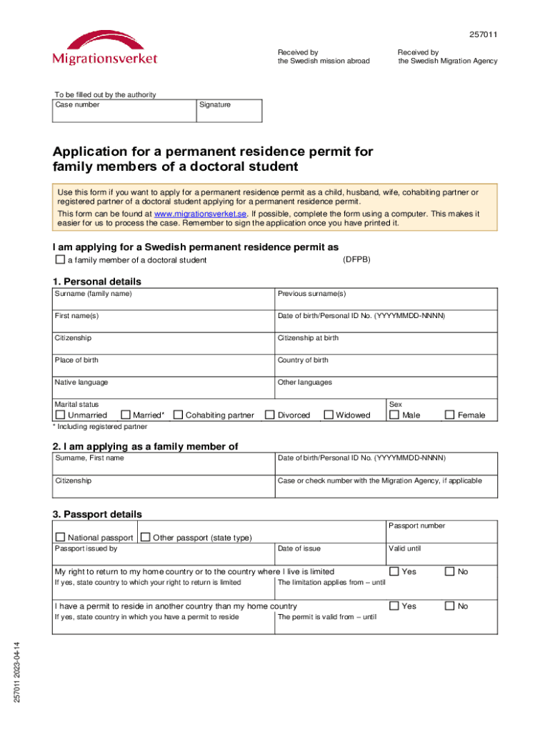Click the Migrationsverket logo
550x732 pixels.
coord(105,49)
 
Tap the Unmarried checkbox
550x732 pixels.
coord(60,415)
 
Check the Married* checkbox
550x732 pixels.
coord(126,415)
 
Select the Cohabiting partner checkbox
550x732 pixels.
coord(178,415)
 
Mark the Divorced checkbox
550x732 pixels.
coord(270,415)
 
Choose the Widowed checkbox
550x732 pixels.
coord(329,415)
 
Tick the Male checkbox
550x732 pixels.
coord(394,415)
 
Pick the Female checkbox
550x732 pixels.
coord(450,415)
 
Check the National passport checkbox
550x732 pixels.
coord(60,537)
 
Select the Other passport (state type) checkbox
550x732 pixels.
coord(146,537)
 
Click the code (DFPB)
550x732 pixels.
coord(356,259)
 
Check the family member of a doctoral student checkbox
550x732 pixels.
coord(60,259)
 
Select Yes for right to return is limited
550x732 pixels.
coord(394,571)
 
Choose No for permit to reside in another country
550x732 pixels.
coord(450,605)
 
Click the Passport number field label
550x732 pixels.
coord(416,526)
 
